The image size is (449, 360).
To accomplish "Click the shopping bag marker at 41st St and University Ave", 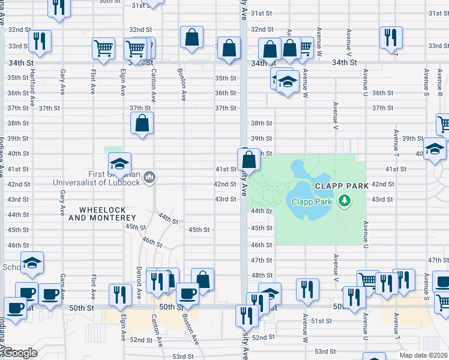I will click(x=249, y=160).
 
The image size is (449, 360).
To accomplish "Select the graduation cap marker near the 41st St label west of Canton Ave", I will click(x=120, y=163).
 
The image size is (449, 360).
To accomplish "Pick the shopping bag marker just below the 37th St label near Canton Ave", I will click(x=142, y=124).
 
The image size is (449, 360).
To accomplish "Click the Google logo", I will click(x=20, y=353).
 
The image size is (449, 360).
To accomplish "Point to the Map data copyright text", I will click(x=423, y=355).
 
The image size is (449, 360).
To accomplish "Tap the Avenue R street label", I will click(x=439, y=82).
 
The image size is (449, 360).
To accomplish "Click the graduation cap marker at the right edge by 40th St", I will click(x=435, y=149).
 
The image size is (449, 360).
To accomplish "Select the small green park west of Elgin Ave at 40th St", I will click(x=112, y=149).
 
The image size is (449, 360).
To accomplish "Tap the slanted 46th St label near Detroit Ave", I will click(x=152, y=242).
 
